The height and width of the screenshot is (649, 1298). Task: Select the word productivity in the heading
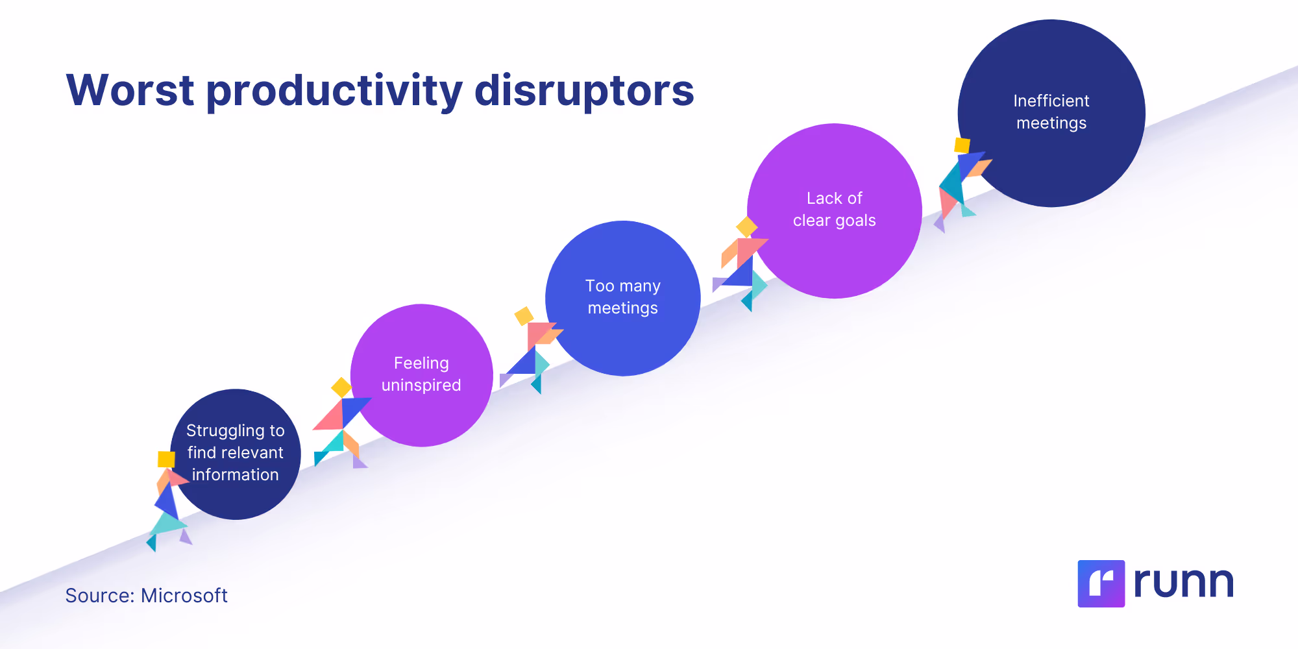pyautogui.click(x=334, y=91)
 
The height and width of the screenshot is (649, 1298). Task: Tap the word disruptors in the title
pyautogui.click(x=584, y=91)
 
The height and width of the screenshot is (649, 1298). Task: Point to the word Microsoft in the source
pyautogui.click(x=184, y=595)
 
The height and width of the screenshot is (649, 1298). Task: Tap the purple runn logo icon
pyautogui.click(x=1101, y=583)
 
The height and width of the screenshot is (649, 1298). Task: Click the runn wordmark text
pyautogui.click(x=1183, y=582)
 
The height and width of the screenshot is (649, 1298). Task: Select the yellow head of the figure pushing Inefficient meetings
pyautogui.click(x=962, y=145)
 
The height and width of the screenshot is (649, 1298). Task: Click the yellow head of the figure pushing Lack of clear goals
pyautogui.click(x=746, y=227)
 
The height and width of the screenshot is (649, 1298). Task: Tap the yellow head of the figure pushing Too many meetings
pyautogui.click(x=524, y=316)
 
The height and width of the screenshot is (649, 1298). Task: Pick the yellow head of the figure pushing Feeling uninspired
pyautogui.click(x=341, y=387)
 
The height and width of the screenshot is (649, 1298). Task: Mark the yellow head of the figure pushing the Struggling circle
pyautogui.click(x=166, y=459)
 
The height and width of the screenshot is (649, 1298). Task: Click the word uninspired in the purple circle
pyautogui.click(x=421, y=385)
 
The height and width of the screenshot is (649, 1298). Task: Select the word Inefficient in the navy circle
pyautogui.click(x=1051, y=101)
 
